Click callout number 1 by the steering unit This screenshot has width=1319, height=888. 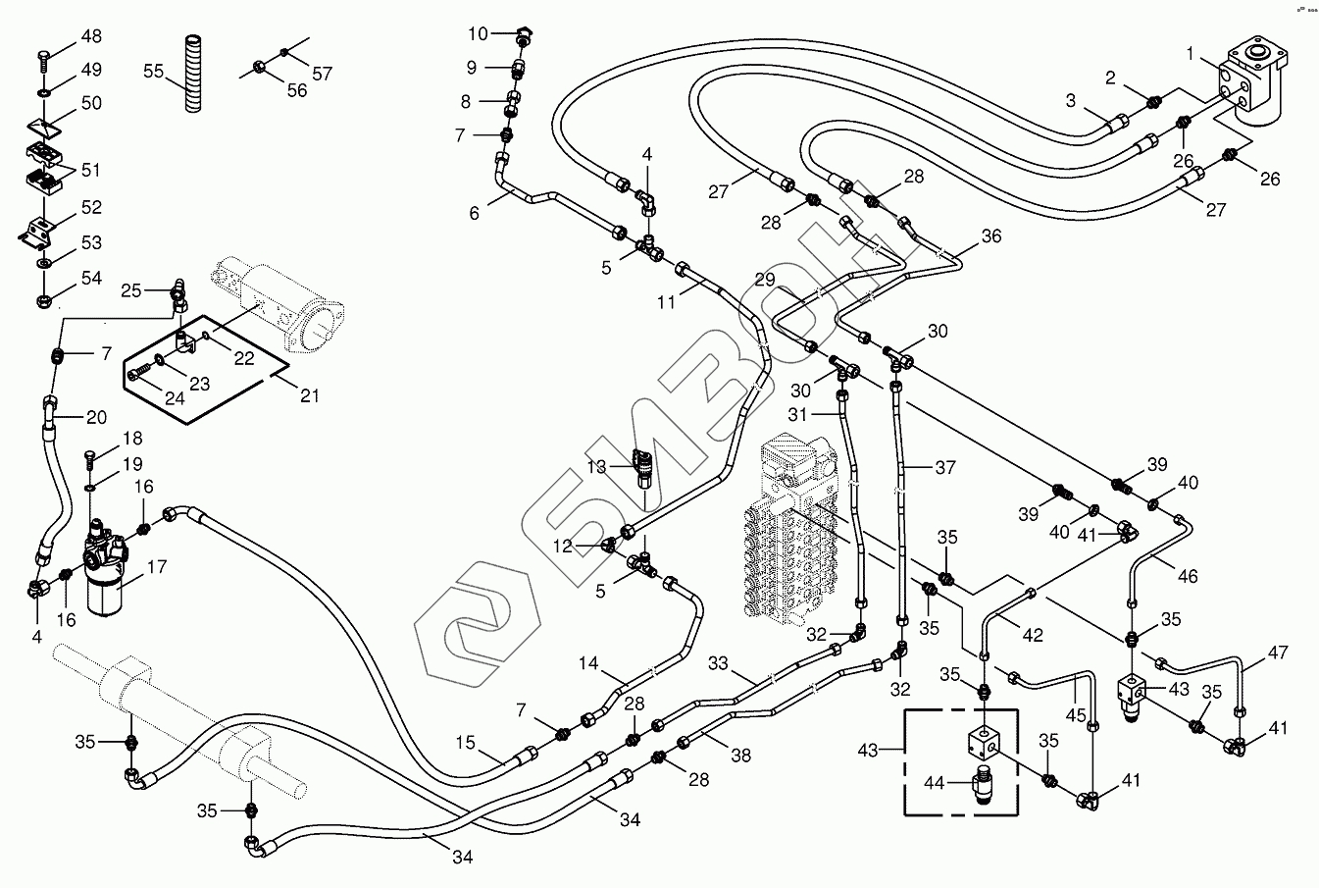click(1190, 57)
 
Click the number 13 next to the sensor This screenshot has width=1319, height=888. click(596, 466)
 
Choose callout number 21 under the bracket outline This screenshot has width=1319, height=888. click(310, 395)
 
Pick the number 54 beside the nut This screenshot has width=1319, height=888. click(91, 279)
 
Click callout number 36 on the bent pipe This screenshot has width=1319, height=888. click(991, 235)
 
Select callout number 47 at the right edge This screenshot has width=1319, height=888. click(1277, 653)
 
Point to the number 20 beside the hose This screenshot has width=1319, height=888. click(96, 417)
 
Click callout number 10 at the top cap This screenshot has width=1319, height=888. click(478, 34)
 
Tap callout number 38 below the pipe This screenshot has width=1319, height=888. click(740, 756)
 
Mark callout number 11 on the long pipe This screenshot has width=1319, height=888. click(667, 302)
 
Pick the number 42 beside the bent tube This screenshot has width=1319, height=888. click(1032, 634)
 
